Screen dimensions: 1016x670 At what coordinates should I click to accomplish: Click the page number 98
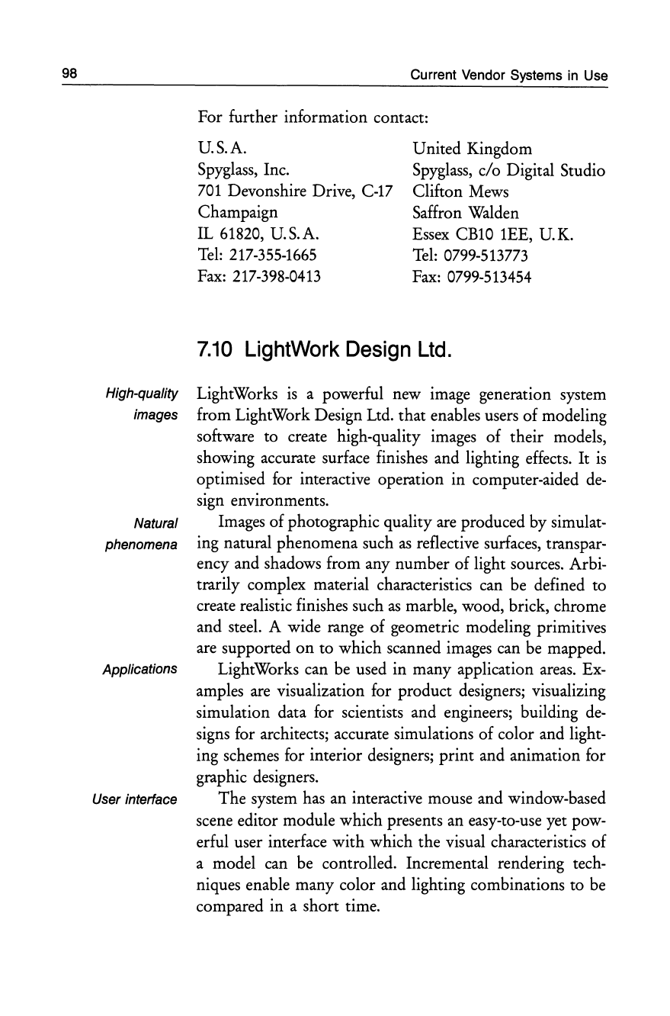coord(71,74)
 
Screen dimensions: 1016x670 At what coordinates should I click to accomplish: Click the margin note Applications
coord(140,670)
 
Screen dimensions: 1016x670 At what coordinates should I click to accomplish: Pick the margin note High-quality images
coord(143,405)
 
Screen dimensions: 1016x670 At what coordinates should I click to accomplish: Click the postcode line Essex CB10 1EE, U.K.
coord(492,233)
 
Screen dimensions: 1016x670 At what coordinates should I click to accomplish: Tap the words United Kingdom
coord(472,148)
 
